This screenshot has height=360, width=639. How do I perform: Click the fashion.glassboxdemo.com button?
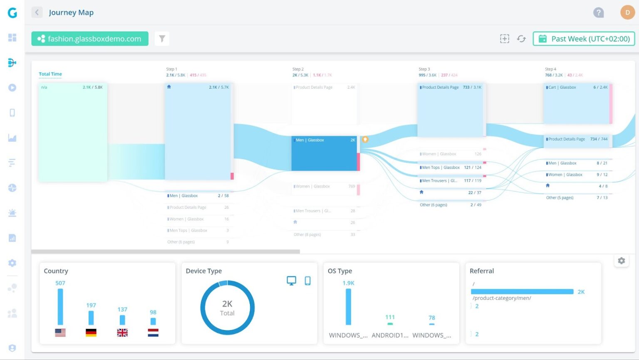coord(90,39)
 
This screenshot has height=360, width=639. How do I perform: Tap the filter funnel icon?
coord(162,39)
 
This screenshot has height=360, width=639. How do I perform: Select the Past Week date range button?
coord(584,39)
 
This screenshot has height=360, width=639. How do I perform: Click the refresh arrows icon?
coord(521,39)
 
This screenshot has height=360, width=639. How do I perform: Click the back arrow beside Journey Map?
coord(37,12)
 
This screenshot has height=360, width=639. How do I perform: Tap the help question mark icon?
coord(598,12)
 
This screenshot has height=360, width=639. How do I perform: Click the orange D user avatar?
coord(627,12)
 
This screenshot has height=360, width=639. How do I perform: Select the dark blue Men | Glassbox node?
coord(324,153)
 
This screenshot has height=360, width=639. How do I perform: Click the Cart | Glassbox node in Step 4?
coord(577,104)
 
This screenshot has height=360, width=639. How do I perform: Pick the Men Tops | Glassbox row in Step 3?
coord(451,168)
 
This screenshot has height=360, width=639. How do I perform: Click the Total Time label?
coord(50,74)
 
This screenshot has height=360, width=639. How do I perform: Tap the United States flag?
coord(60,333)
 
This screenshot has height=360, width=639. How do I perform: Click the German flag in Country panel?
coord(91,333)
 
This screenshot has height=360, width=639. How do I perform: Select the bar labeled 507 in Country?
coord(60,306)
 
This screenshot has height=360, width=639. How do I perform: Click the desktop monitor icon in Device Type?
coord(291,281)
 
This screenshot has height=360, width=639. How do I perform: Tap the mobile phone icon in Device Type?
coord(307,281)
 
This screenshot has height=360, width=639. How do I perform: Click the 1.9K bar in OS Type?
coord(348,306)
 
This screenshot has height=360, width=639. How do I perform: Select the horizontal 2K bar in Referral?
coord(522,292)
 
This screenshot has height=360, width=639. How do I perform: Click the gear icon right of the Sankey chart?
coord(621,261)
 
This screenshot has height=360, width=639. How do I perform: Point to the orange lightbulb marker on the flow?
coord(365,140)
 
